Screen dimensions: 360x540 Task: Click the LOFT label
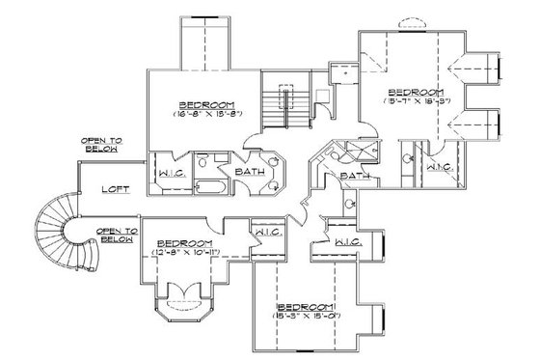pyautogui.click(x=115, y=189)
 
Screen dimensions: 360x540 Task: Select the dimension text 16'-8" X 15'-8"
pyautogui.click(x=203, y=115)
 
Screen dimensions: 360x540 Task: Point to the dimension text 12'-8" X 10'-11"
pyautogui.click(x=183, y=253)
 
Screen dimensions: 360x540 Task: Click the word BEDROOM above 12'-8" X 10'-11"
pyautogui.click(x=183, y=242)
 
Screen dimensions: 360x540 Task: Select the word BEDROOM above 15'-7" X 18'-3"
pyautogui.click(x=417, y=88)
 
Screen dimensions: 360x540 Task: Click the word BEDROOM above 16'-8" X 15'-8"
pyautogui.click(x=203, y=104)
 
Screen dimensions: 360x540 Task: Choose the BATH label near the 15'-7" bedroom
pyautogui.click(x=354, y=177)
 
